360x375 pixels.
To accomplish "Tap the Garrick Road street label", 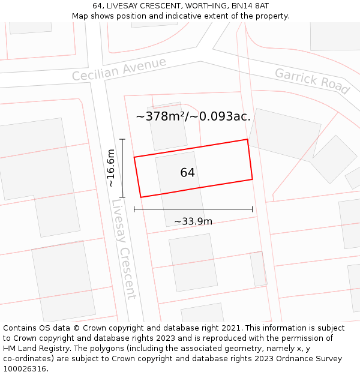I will pos(312,80).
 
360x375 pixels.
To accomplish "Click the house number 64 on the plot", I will pos(187,173).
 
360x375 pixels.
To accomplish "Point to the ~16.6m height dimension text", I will pos(111,168).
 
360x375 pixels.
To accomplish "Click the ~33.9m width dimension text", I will pos(193,221).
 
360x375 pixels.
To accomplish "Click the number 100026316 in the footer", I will pos(25,369).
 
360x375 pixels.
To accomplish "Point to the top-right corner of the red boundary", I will pos(247,140).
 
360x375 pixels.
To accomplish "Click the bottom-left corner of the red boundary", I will pos(141,197).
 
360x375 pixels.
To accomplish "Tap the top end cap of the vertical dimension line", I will pos(122,139).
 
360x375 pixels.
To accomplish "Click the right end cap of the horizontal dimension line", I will pos(252,209).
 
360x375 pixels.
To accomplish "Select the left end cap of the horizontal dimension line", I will pos(134,209).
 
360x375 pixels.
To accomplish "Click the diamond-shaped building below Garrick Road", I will pos(334,159).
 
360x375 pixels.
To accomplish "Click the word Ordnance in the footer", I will pos(288,359).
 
